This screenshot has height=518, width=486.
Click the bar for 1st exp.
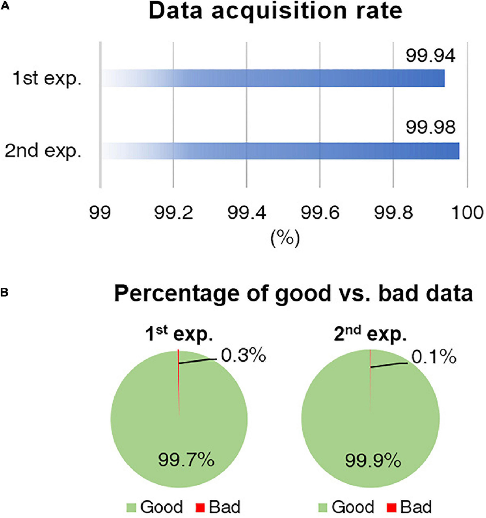pos(273,78)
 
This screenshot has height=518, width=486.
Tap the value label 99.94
pos(430,56)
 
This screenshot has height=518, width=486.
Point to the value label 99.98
pos(430,127)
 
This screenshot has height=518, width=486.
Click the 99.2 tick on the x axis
pos(173,213)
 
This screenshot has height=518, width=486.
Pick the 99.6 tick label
pos(320,213)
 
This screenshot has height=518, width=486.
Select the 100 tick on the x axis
pos(467,213)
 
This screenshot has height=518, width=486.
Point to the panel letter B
pos(4,292)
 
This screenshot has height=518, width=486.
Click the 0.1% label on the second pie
pos(434,357)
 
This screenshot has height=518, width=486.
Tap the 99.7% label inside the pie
pos(186,460)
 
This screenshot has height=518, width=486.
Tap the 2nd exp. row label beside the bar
pos(43,151)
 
